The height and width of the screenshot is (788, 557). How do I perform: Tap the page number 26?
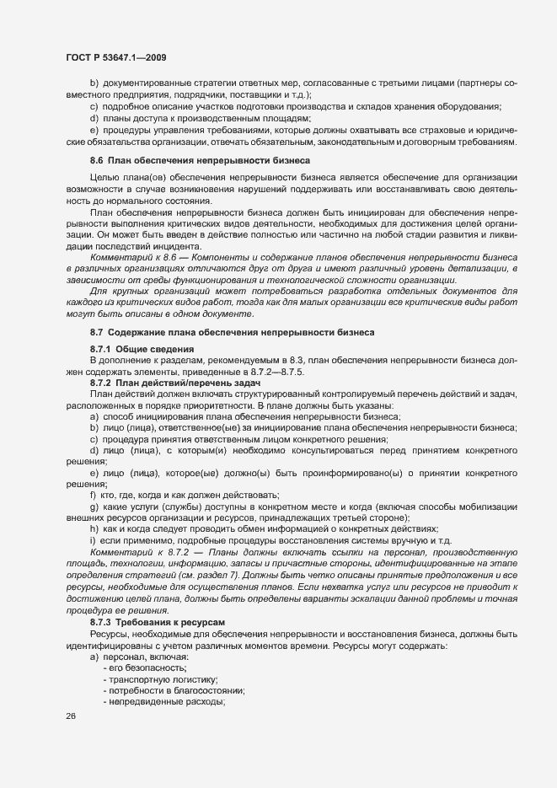click(x=70, y=716)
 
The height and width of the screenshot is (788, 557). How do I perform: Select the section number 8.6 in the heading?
click(x=96, y=159)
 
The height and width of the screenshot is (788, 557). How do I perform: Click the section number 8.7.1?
click(x=100, y=349)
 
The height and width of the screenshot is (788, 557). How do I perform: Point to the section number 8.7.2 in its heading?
click(x=100, y=382)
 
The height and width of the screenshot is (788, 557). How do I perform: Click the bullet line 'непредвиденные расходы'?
click(x=165, y=678)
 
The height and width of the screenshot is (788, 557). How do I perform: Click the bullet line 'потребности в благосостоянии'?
click(x=174, y=667)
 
